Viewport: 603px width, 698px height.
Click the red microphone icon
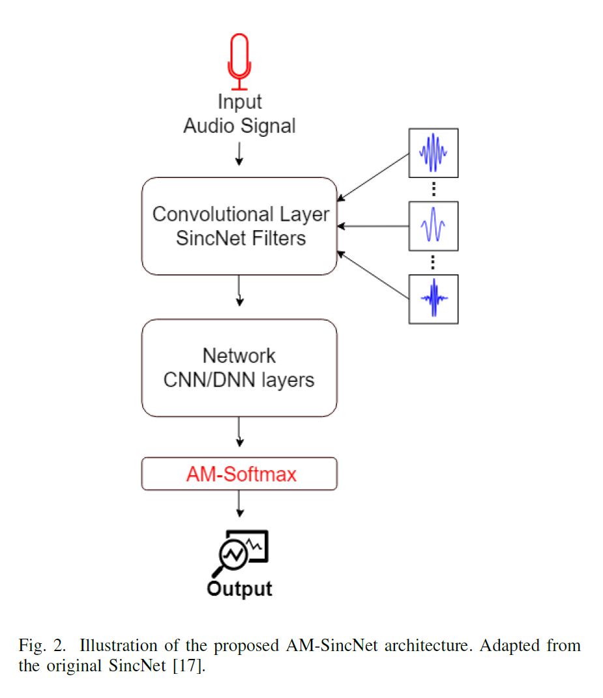point(239,62)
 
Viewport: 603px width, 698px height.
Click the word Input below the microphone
point(239,102)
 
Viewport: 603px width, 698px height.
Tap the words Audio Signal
point(239,125)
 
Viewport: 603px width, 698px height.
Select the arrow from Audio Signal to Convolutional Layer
point(239,153)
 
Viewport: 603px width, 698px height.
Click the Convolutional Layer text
point(241,214)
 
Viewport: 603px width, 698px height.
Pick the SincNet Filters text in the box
point(241,238)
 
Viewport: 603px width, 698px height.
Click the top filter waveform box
point(434,153)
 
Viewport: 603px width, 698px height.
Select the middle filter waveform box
point(434,225)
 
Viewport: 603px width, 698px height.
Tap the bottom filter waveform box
point(434,298)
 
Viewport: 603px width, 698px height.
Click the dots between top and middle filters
point(434,189)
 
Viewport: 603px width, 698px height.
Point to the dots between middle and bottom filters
point(434,262)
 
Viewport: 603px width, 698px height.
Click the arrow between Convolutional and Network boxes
point(240,291)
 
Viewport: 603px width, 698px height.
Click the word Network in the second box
point(239,356)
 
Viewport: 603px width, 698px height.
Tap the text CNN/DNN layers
point(239,379)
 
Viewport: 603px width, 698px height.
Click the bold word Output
point(239,589)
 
